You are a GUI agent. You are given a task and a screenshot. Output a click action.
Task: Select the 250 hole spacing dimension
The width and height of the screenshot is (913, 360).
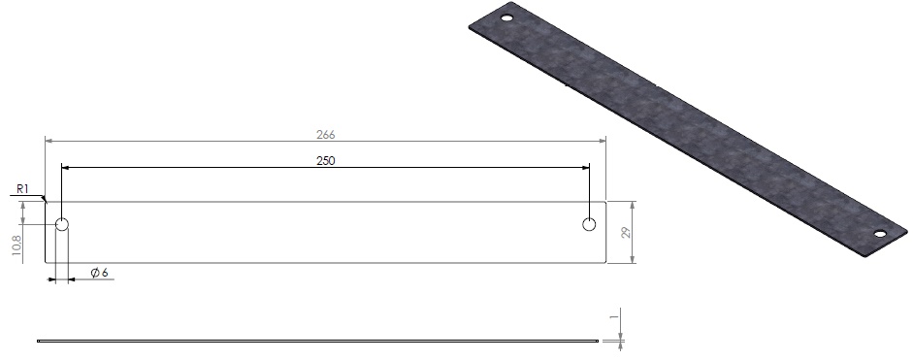coord(326,161)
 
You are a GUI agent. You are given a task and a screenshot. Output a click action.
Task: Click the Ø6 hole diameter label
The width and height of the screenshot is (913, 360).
coord(98,273)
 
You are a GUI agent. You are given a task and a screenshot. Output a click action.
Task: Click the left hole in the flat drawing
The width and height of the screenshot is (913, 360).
coord(62,225)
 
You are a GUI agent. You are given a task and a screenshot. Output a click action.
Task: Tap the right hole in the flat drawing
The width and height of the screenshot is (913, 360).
coord(589,225)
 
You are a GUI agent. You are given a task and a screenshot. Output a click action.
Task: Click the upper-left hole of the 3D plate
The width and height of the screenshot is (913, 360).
coord(505,17)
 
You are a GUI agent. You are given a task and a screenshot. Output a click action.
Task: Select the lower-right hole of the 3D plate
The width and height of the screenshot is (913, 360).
coord(880,233)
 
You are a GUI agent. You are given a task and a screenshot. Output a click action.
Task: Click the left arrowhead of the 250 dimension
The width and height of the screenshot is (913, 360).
coord(65,168)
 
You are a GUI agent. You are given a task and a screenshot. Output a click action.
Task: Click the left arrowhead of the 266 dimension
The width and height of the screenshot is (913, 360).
coord(49,142)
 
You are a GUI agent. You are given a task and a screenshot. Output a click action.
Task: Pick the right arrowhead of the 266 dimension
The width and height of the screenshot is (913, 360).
coord(602,142)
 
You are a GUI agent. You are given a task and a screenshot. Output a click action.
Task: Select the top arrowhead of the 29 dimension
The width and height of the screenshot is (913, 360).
coord(633,205)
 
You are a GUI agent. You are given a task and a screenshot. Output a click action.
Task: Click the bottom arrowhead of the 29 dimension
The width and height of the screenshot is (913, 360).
coord(633,259)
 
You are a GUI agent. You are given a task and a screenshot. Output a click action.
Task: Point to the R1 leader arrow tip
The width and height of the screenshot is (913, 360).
coord(45,202)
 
